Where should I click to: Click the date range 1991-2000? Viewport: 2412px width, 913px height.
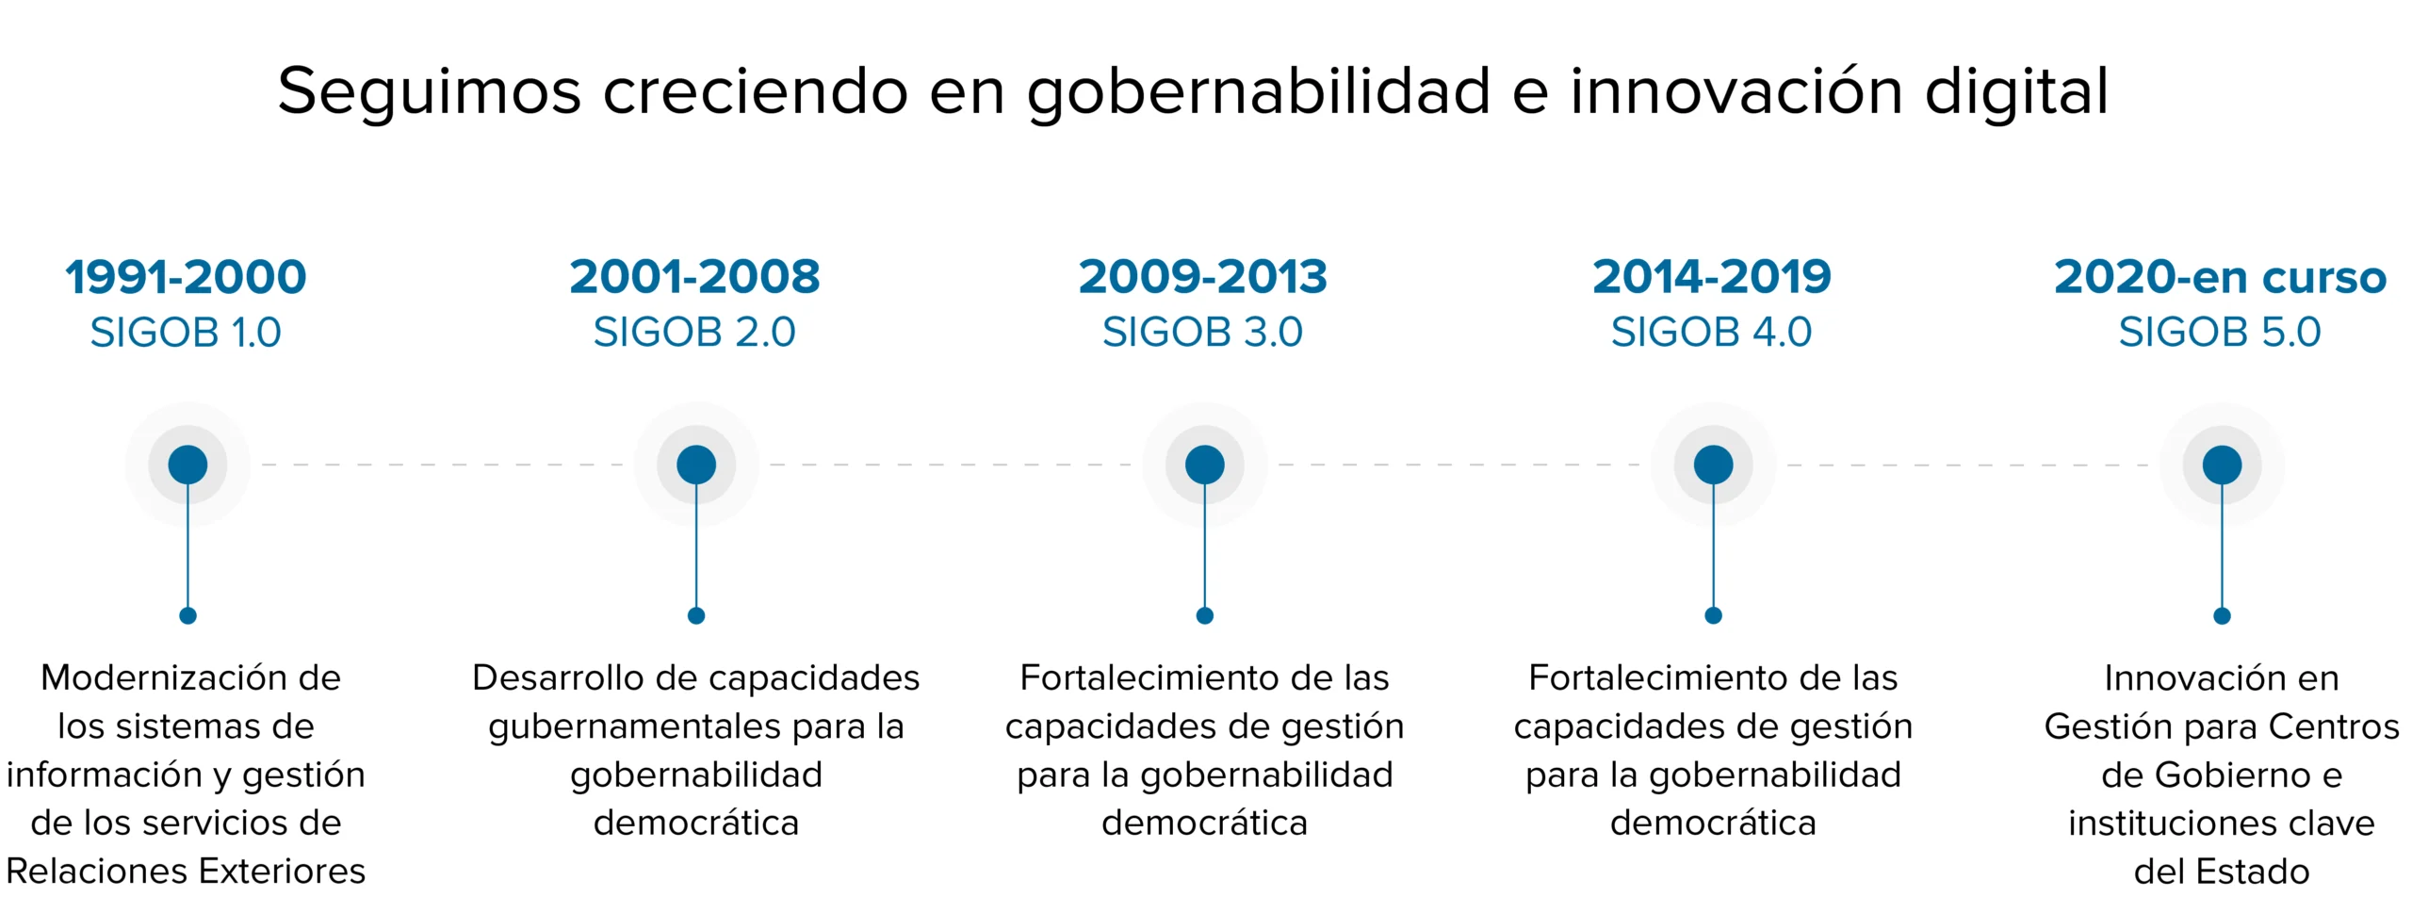186,276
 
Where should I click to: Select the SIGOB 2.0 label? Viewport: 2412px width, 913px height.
694,332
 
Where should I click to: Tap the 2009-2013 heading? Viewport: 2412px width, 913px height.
1203,276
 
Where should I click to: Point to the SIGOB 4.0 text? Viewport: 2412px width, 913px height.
1711,332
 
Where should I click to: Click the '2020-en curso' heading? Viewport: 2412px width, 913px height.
2221,276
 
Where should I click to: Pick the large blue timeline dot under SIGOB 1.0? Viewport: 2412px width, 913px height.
187,465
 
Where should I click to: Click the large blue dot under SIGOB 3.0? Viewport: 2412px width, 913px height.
1204,465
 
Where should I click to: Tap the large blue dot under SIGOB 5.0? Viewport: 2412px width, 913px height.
2222,465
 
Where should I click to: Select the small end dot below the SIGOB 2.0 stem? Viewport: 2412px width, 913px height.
696,616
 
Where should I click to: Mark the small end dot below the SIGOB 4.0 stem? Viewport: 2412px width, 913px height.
1713,616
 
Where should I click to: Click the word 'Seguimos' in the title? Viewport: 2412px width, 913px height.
430,93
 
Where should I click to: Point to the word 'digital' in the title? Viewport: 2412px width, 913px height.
2016,93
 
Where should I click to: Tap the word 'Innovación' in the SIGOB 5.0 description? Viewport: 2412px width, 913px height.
2183,678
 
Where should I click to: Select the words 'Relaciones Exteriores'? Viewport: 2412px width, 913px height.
186,872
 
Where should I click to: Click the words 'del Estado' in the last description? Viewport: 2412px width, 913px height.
2222,872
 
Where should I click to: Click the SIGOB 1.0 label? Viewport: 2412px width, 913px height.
186,332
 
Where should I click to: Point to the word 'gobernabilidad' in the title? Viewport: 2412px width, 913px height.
1259,93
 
